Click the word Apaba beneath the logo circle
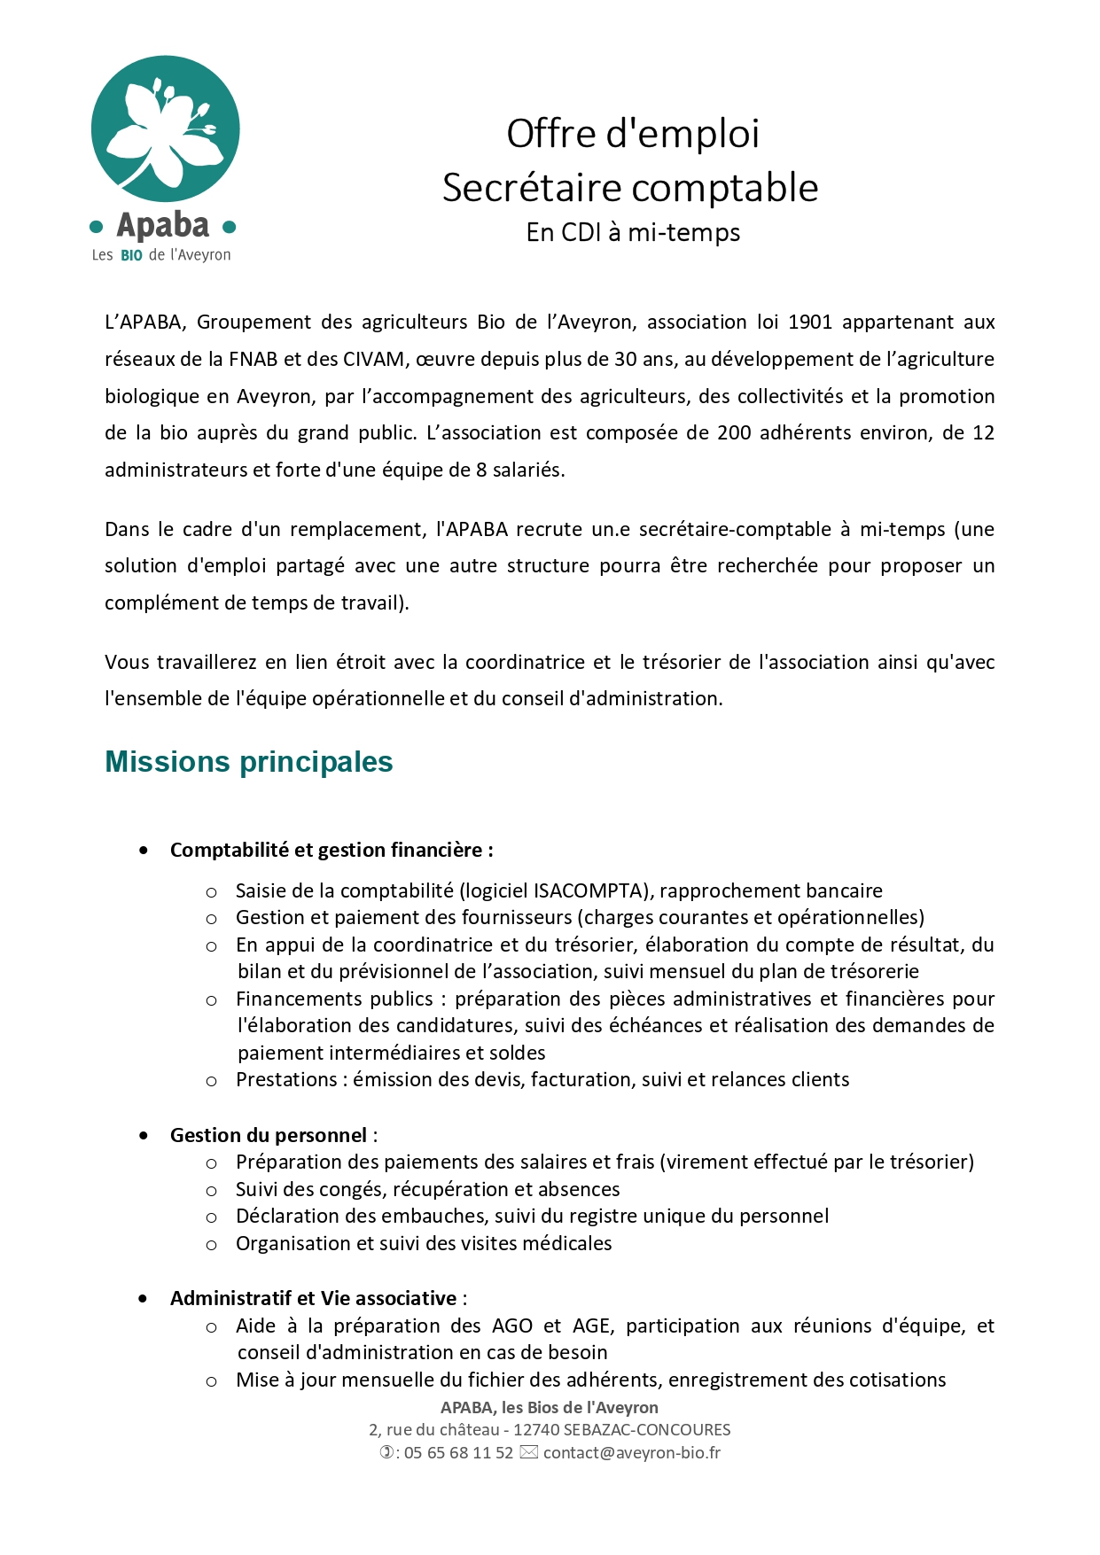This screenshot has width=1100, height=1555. tap(163, 226)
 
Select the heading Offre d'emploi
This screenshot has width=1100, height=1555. tap(633, 134)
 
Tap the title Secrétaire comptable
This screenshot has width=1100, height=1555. tap(630, 188)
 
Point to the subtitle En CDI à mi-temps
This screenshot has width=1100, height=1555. tap(633, 232)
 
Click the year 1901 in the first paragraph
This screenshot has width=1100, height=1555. tap(809, 322)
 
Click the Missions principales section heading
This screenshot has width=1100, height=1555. tap(249, 761)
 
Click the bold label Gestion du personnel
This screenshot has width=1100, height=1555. tap(269, 1135)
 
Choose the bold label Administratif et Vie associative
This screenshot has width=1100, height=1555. tap(313, 1298)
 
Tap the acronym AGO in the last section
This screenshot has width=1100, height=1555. tap(512, 1326)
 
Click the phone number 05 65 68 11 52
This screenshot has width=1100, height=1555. tap(458, 1452)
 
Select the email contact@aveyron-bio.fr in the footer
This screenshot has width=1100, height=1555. tap(632, 1452)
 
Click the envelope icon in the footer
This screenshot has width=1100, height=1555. tap(528, 1452)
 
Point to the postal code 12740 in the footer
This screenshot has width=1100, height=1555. tap(536, 1429)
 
